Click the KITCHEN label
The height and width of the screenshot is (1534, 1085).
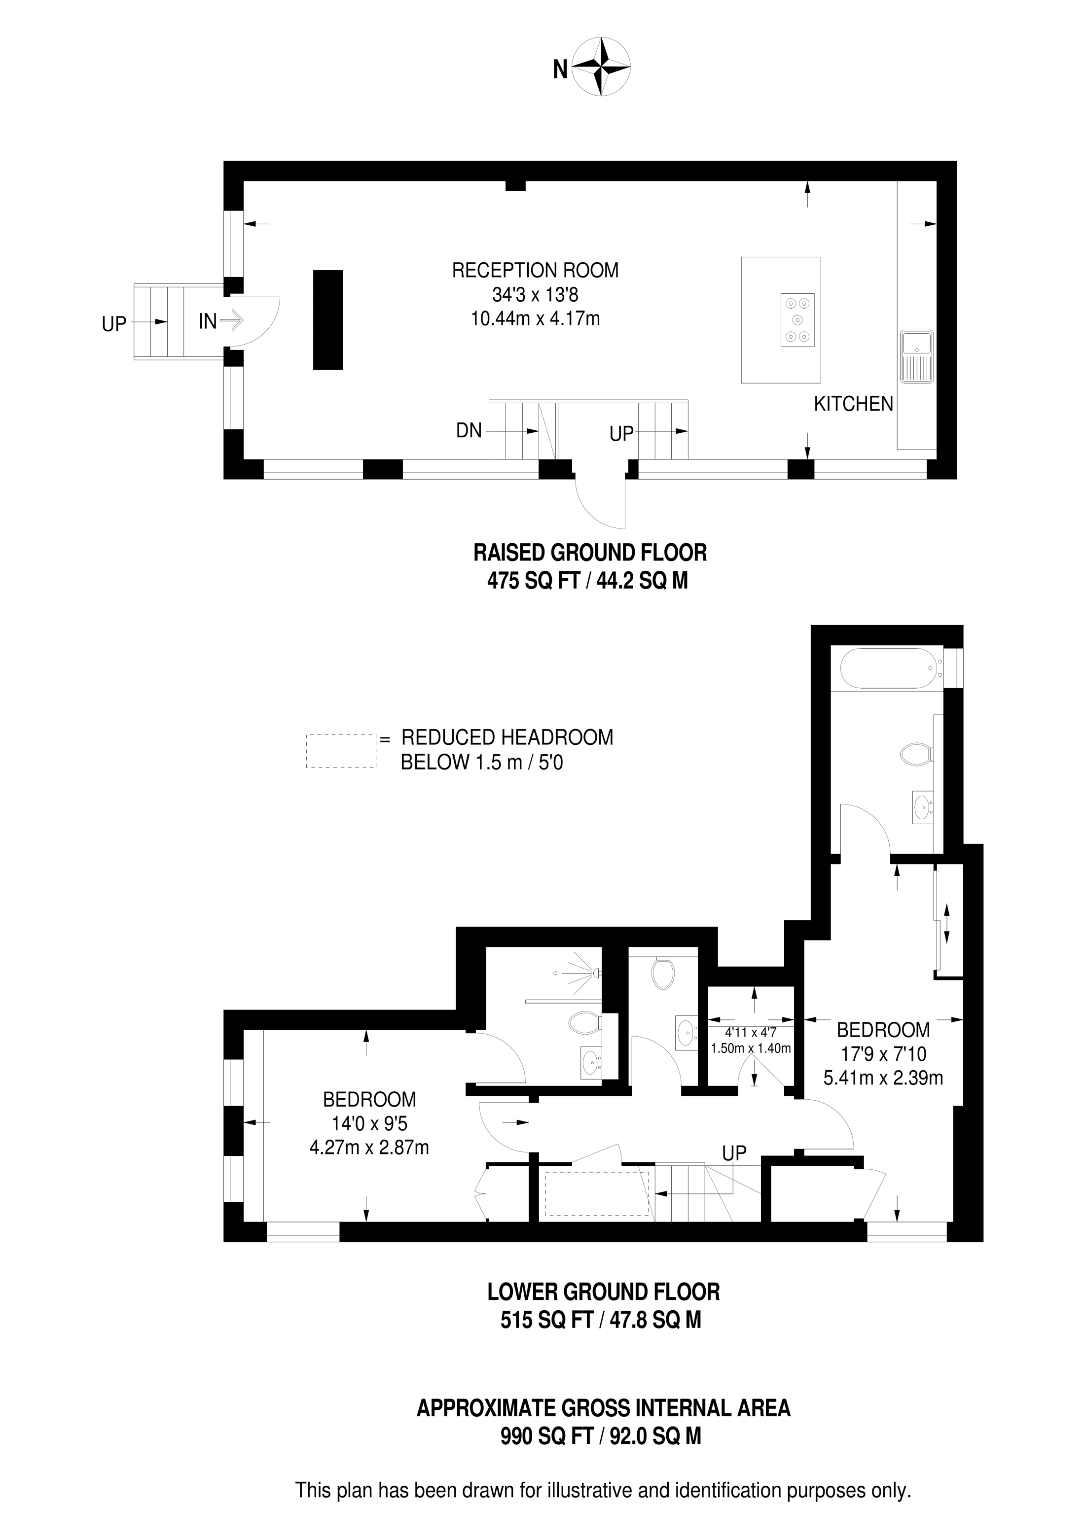(853, 404)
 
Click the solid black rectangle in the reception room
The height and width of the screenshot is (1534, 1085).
(328, 319)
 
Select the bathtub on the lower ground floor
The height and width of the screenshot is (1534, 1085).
(886, 668)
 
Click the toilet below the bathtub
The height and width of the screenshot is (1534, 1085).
(915, 755)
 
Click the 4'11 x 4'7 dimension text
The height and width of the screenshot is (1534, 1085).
(750, 1033)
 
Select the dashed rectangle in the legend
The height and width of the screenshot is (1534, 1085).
(341, 751)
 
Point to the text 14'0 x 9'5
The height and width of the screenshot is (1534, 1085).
(369, 1124)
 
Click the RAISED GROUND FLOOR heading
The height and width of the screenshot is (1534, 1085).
(590, 553)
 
